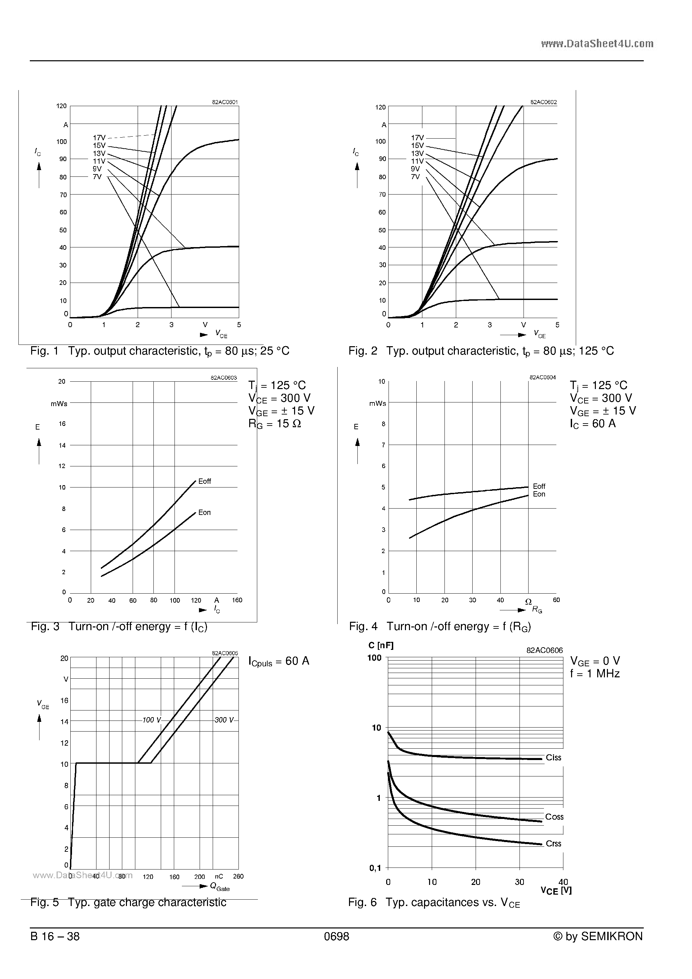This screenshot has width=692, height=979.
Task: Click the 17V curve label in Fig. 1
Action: coord(99,138)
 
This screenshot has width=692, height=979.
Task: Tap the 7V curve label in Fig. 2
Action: coord(415,176)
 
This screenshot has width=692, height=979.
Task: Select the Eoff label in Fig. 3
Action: coord(204,481)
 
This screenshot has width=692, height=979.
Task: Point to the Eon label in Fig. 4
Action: coord(539,494)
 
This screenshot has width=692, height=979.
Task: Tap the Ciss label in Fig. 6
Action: coord(553,758)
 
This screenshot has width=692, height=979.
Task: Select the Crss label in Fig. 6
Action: coord(553,844)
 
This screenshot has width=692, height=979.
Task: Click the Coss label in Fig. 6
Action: coord(554,817)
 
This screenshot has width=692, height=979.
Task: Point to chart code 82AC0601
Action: coord(225,102)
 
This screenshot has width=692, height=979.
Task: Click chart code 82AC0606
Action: coord(544,651)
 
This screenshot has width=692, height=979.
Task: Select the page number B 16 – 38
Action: coord(55,936)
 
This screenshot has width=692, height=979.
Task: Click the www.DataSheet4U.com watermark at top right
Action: coord(597,44)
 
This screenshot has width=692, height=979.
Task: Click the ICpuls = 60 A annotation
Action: coord(279,661)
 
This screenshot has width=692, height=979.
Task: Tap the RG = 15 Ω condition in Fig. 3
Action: coord(275,424)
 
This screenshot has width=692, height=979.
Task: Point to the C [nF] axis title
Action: coord(380,646)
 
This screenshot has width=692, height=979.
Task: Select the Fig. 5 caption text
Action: coord(128,902)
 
